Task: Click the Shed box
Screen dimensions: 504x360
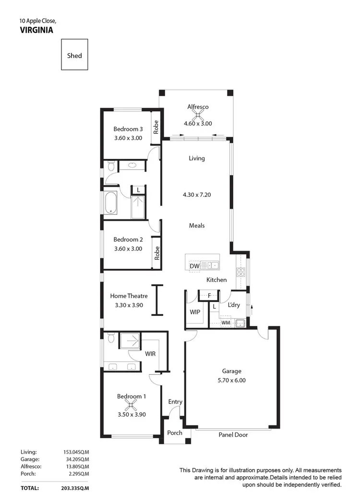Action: tap(74, 55)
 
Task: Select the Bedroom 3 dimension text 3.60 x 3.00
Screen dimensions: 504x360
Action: tap(128, 138)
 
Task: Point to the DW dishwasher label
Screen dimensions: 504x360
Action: tap(194, 266)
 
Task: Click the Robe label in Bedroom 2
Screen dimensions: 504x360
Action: tap(156, 252)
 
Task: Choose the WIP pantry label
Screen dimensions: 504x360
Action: tap(195, 312)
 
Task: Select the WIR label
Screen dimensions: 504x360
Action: tap(150, 354)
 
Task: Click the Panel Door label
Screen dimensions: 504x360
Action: tap(233, 435)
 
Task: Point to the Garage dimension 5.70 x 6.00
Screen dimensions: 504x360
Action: tap(231, 380)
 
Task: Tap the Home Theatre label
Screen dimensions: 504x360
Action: tap(129, 296)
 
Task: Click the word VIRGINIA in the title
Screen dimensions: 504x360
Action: tap(36, 29)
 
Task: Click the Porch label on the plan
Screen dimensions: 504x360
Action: tap(175, 432)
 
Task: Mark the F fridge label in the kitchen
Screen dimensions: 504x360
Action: tap(209, 296)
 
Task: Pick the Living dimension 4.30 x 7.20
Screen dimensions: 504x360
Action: tap(197, 195)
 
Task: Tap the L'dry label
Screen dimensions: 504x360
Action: tap(234, 305)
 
